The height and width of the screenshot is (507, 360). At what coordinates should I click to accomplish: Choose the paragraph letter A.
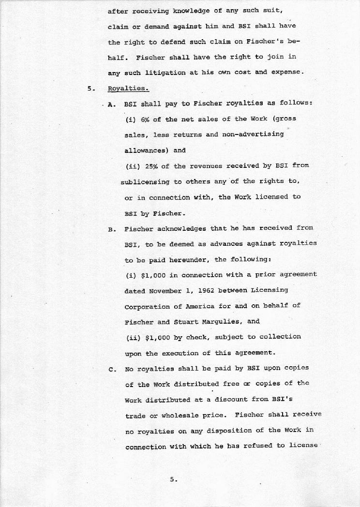click(112, 104)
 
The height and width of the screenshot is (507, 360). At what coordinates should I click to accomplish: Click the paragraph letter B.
click(112, 229)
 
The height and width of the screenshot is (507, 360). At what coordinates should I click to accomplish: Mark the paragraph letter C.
click(112, 369)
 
